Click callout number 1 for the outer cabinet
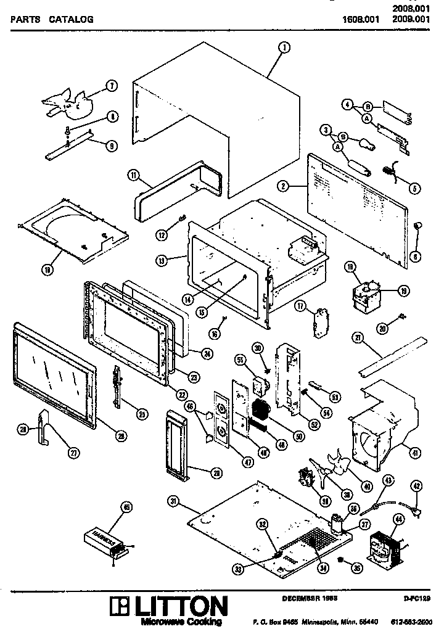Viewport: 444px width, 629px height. [283, 47]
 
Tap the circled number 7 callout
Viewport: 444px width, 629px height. [112, 86]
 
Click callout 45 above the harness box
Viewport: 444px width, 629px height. [126, 508]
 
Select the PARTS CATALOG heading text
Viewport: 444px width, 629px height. [52, 19]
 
